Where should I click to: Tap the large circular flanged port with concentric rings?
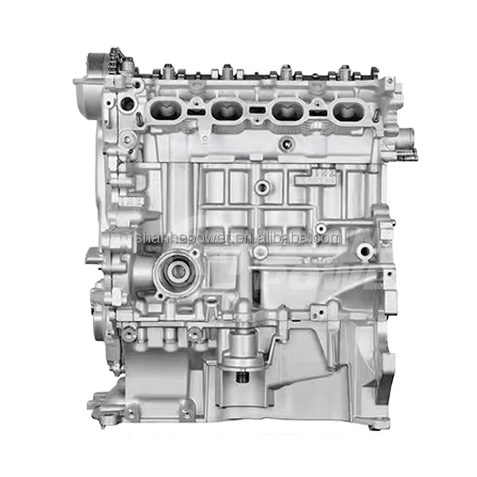[179, 272]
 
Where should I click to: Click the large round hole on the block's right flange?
[364, 252]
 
